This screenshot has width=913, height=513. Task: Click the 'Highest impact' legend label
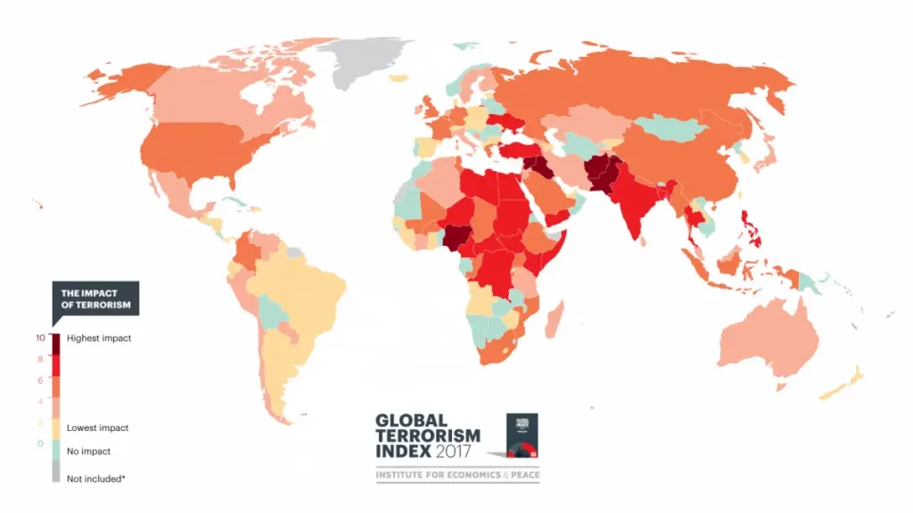point(98,338)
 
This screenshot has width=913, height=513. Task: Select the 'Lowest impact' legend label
point(97,427)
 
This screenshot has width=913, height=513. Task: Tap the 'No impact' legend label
point(89,451)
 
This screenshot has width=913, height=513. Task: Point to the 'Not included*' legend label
point(95,478)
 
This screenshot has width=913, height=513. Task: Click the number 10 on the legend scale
point(39,338)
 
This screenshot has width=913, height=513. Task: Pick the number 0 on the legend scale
point(39,443)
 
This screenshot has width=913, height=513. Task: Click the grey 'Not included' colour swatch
point(56,476)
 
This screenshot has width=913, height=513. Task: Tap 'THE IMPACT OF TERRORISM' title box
point(95,298)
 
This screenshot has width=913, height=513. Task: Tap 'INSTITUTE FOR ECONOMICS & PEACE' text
point(456,476)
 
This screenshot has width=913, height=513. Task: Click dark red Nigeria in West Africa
point(457,238)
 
